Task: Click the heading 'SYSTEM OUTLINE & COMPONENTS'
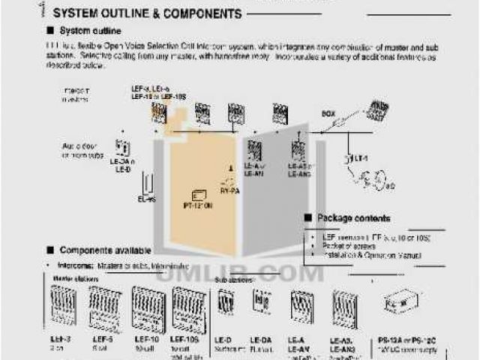pyautogui.click(x=147, y=13)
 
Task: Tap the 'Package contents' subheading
pyautogui.click(x=353, y=218)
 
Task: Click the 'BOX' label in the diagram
pyautogui.click(x=328, y=113)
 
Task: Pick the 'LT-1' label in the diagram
pyautogui.click(x=361, y=158)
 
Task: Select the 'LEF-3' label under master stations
pyautogui.click(x=61, y=340)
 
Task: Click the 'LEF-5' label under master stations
pyautogui.click(x=101, y=340)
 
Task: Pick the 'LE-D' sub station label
pyautogui.click(x=223, y=340)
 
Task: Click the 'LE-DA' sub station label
pyautogui.click(x=262, y=340)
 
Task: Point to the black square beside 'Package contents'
pyautogui.click(x=307, y=218)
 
